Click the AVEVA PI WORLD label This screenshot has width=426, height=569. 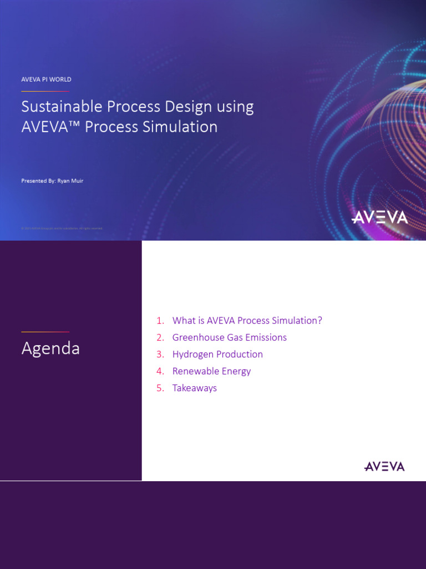pos(46,79)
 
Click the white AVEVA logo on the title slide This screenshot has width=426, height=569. pos(379,217)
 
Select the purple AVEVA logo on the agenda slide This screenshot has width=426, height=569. pos(384,466)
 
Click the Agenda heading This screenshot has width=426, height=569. pos(50,348)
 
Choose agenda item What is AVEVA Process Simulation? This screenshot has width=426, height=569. pos(247,321)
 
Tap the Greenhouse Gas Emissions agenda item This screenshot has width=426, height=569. pos(229,337)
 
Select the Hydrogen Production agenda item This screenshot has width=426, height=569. pos(217,354)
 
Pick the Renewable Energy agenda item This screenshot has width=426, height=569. pos(211,371)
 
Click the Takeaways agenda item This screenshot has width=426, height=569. pos(194,388)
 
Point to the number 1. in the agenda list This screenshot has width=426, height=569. pos(160,321)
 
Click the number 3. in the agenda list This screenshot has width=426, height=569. pos(160,354)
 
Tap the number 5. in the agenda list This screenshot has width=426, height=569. pos(160,388)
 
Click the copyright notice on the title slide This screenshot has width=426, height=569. pos(62,228)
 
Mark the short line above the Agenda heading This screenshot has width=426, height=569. pos(45,332)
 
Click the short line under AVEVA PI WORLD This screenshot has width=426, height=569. pos(45,91)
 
